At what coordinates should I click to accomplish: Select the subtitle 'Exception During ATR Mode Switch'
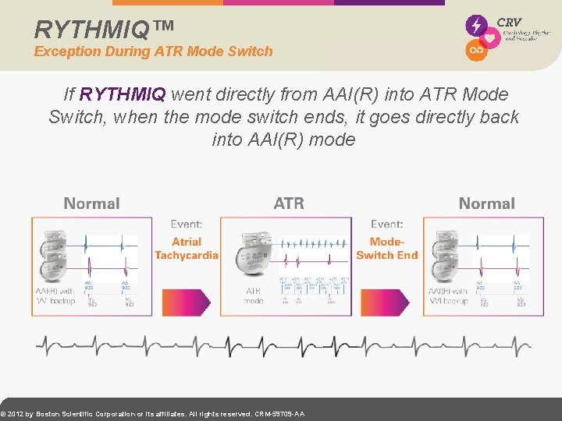(x=154, y=51)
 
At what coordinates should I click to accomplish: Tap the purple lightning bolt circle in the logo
(x=476, y=25)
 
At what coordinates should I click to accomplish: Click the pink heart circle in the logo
(x=490, y=38)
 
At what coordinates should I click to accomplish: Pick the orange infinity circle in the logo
(x=475, y=51)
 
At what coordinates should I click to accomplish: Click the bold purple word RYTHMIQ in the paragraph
(x=123, y=94)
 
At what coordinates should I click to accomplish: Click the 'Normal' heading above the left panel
(x=91, y=203)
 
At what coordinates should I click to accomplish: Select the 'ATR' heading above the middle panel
(x=289, y=203)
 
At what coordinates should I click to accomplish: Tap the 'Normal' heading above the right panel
(x=486, y=203)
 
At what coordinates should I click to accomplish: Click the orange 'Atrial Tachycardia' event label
(x=187, y=249)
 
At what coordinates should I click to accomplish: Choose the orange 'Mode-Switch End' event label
(x=387, y=249)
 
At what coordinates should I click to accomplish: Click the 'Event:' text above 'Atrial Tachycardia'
(x=187, y=225)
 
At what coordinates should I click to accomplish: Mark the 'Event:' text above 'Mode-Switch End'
(x=387, y=225)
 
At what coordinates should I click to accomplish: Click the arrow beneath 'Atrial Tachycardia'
(x=186, y=301)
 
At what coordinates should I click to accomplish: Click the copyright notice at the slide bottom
(x=153, y=414)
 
